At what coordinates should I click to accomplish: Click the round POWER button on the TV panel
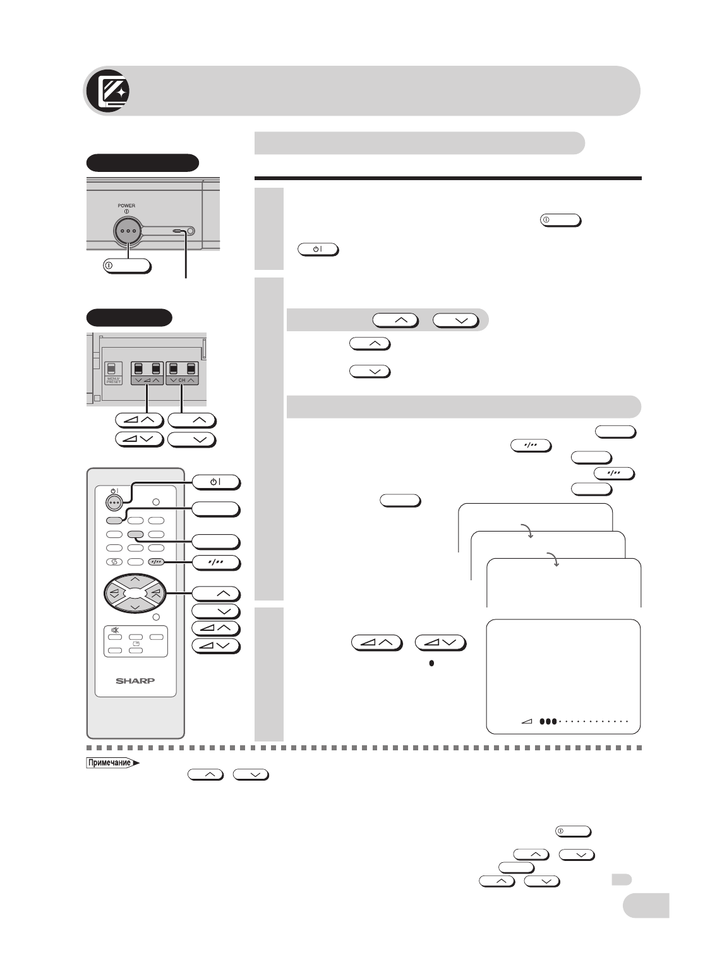(128, 231)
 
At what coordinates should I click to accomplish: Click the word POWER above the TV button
(126, 205)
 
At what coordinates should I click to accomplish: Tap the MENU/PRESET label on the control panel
(114, 381)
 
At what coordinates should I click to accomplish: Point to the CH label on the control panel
(182, 381)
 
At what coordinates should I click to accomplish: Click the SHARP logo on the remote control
(135, 681)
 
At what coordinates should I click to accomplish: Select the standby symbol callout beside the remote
(215, 482)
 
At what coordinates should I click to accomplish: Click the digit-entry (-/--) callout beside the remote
(215, 563)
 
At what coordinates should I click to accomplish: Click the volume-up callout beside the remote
(215, 628)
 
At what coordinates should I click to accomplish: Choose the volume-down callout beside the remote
(215, 645)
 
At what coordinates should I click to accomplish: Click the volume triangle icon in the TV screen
(527, 721)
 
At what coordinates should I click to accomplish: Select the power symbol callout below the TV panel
(127, 265)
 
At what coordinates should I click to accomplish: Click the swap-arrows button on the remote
(114, 561)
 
